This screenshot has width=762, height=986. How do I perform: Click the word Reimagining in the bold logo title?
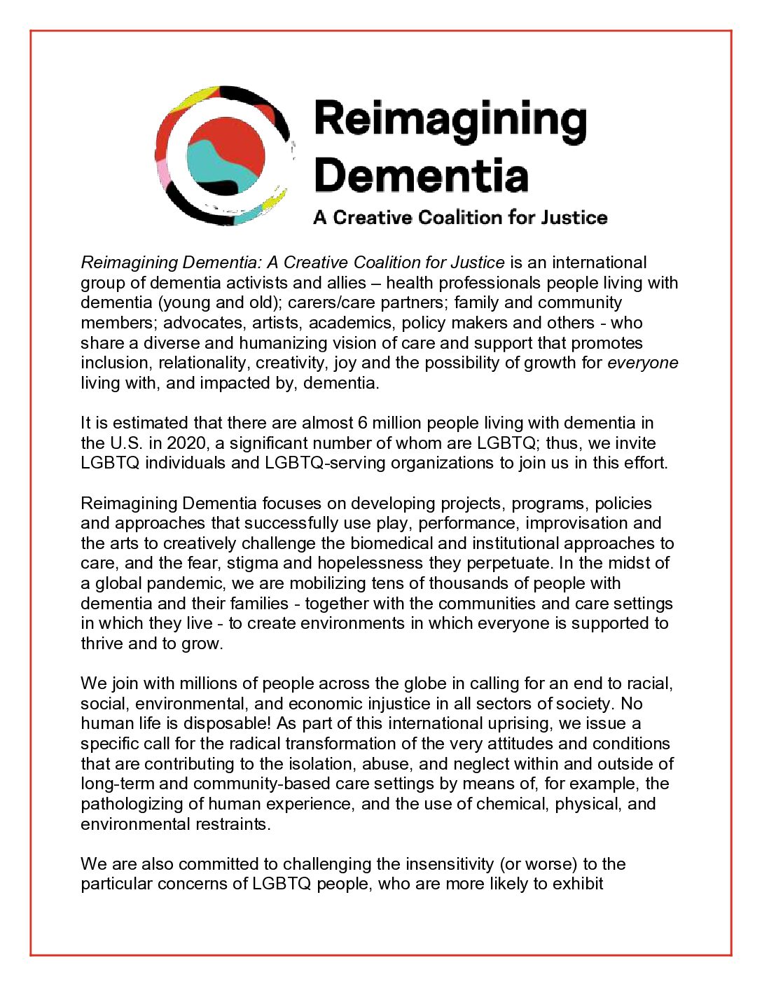point(450,121)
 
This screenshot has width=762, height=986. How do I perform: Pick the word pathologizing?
point(133,803)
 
